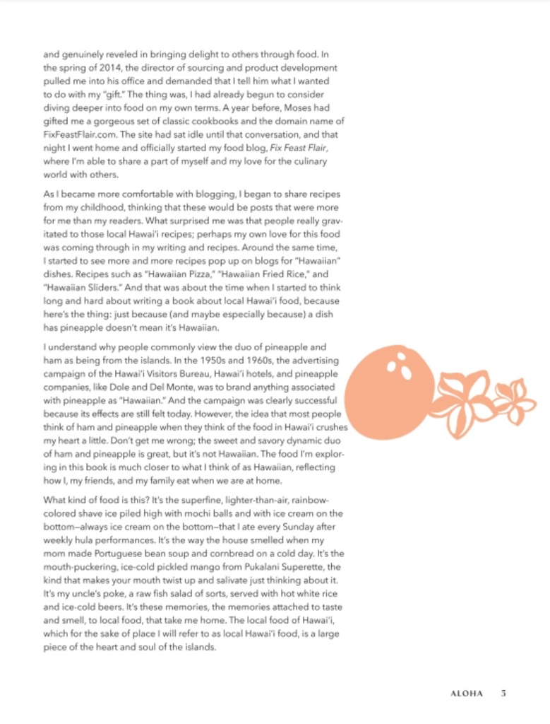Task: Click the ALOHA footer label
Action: [x=467, y=694]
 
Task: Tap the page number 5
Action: [x=503, y=694]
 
